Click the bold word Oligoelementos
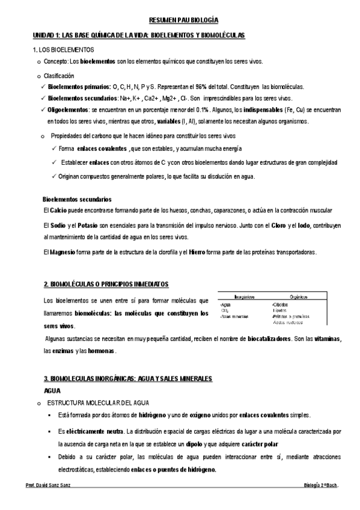(68, 111)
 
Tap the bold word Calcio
(58, 210)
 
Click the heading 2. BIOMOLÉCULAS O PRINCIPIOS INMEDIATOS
(106, 283)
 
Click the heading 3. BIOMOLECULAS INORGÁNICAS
(128, 379)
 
